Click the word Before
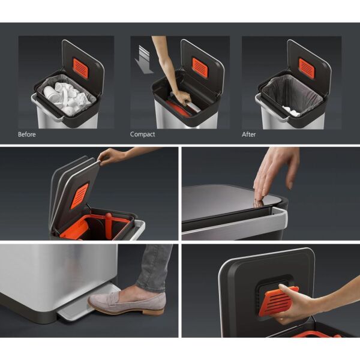[x=27, y=134]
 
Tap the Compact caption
[x=142, y=134]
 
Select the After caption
[x=248, y=134]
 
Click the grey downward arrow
[x=143, y=59]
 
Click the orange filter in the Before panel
[x=80, y=68]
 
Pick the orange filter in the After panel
[x=307, y=68]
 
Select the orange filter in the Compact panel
[x=200, y=68]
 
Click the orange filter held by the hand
[x=278, y=301]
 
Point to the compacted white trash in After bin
[x=291, y=110]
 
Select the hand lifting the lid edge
[x=111, y=156]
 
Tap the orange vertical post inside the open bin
[x=109, y=226]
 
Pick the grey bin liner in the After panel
[x=293, y=94]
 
